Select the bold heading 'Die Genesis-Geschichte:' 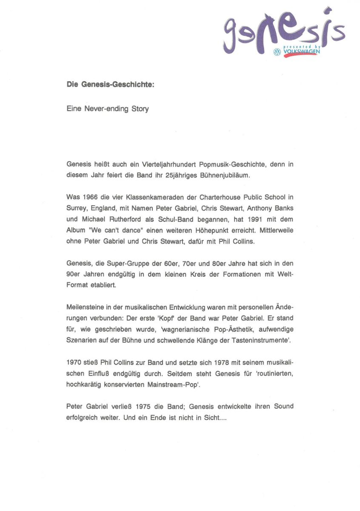point(110,85)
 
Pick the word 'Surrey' point(77,208)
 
